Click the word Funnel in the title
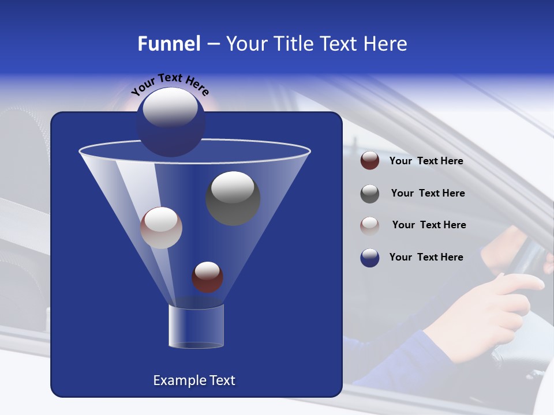[x=169, y=44]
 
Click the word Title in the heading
[x=292, y=44]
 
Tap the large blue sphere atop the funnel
[x=171, y=122]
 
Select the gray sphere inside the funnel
[x=233, y=198]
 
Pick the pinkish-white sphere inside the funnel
[x=161, y=228]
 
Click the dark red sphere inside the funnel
[x=207, y=277]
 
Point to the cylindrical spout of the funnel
[x=196, y=327]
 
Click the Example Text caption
[x=194, y=380]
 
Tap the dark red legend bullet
[x=369, y=160]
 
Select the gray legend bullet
[x=369, y=194]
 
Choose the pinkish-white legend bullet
[x=369, y=225]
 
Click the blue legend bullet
[x=369, y=257]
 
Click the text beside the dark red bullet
[x=426, y=161]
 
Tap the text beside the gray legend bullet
[x=428, y=194]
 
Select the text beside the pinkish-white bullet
[x=429, y=225]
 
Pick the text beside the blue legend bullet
[x=426, y=257]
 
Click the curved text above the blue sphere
[x=170, y=84]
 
